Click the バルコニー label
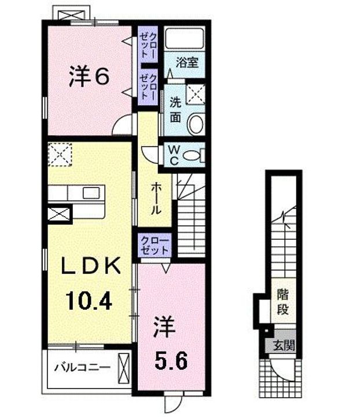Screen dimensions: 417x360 (81, 367)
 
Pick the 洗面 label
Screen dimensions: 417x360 (177, 109)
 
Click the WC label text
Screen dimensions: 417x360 (173, 154)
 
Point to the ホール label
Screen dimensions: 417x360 (156, 199)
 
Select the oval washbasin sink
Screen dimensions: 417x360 (196, 123)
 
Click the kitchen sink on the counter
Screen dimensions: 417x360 (91, 192)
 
